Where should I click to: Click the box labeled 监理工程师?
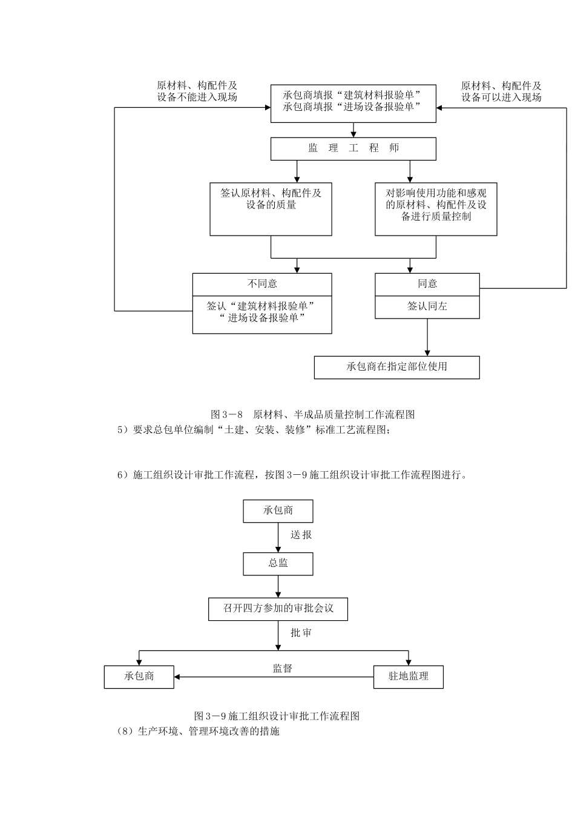click(x=353, y=149)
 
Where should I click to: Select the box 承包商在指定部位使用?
click(x=396, y=367)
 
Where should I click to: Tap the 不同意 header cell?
click(x=262, y=284)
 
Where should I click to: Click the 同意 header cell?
click(x=427, y=284)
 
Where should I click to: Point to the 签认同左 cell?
click(x=427, y=306)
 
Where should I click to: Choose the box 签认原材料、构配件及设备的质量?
click(x=271, y=209)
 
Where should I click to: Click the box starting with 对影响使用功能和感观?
click(x=436, y=209)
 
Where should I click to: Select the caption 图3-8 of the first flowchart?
click(x=312, y=415)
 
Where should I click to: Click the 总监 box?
click(x=278, y=563)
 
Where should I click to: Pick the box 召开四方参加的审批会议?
click(x=278, y=609)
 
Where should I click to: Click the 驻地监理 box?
click(x=408, y=677)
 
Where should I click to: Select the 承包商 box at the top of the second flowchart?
click(x=278, y=511)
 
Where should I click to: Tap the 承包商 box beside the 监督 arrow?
click(x=139, y=677)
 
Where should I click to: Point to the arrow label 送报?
click(x=301, y=535)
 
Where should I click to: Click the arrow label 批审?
click(x=301, y=633)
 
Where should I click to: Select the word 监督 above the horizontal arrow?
click(x=282, y=668)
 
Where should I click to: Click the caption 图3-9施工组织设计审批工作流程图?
click(x=277, y=716)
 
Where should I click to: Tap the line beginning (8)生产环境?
click(x=198, y=731)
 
